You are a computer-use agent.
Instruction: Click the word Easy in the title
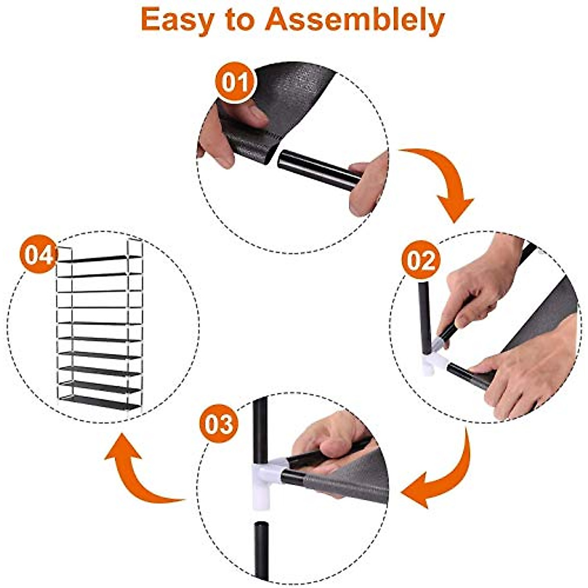178,21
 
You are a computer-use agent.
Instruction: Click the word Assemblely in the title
355,21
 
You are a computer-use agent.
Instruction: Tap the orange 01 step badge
236,82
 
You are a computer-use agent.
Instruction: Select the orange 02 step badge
421,260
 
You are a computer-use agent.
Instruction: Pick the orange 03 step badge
219,424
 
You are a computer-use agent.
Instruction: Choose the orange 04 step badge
38,255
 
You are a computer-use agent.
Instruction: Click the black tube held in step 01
318,169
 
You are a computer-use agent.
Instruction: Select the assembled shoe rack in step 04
100,326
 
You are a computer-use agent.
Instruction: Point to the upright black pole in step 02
424,314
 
